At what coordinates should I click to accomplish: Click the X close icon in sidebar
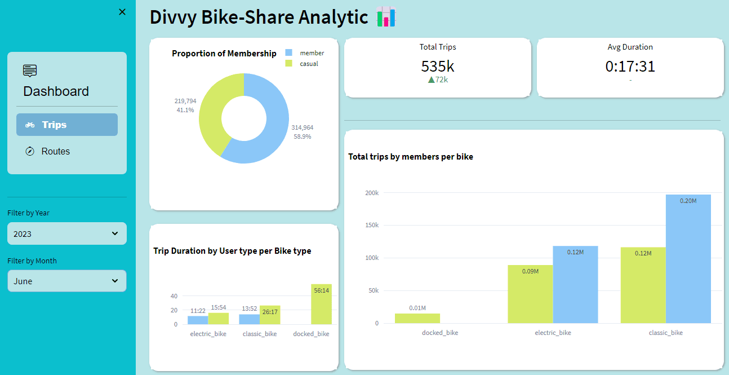click(x=122, y=12)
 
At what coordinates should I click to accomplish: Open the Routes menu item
click(x=55, y=151)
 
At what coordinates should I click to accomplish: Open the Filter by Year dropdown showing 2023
click(x=67, y=233)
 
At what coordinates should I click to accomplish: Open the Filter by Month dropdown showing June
click(x=67, y=281)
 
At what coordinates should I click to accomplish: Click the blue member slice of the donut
click(x=276, y=130)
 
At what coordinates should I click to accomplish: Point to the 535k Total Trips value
click(x=437, y=66)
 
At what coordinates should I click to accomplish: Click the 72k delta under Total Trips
click(x=438, y=80)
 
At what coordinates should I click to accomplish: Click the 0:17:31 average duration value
click(x=630, y=67)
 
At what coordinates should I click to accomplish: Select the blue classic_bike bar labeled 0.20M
click(x=688, y=259)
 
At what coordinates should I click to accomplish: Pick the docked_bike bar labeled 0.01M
click(x=417, y=318)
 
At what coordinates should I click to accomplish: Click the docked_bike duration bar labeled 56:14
click(x=321, y=305)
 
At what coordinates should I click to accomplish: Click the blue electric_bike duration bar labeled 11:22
click(x=198, y=320)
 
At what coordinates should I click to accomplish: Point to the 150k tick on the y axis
click(x=371, y=225)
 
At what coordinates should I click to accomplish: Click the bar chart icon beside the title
click(x=386, y=17)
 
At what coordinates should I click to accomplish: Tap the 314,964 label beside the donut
click(x=302, y=127)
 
